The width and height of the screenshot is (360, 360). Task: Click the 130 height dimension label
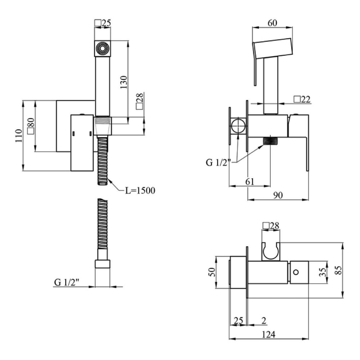click(123, 82)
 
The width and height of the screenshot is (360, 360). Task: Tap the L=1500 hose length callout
click(140, 190)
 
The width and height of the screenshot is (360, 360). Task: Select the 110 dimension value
click(19, 136)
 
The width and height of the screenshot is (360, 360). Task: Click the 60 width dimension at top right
click(272, 23)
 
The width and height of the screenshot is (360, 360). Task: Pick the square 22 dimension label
click(302, 99)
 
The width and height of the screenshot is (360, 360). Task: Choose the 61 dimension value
click(250, 181)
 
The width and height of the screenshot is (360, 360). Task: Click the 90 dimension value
click(278, 195)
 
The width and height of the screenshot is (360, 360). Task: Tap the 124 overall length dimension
click(269, 334)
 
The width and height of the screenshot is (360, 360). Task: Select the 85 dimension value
click(339, 270)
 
